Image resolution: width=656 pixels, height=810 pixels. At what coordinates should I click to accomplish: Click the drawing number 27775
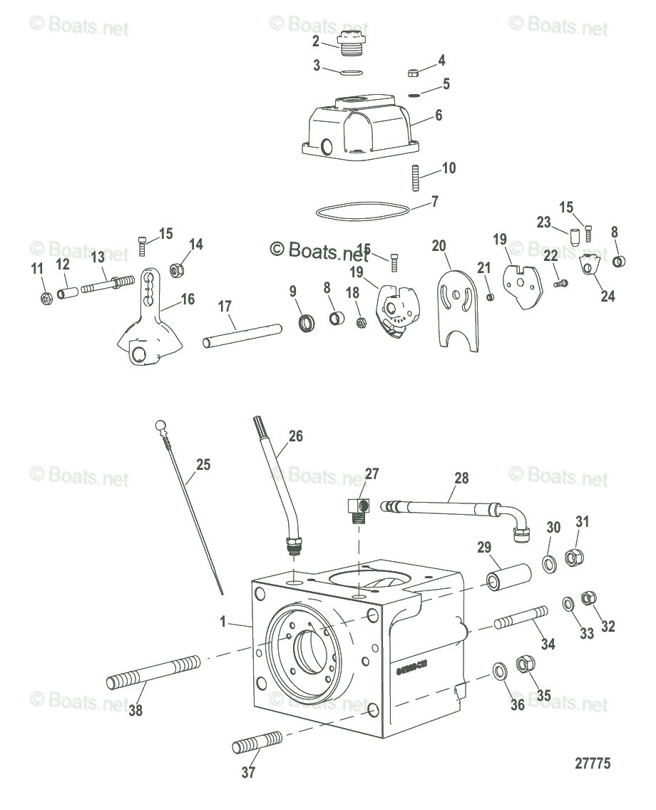click(x=593, y=763)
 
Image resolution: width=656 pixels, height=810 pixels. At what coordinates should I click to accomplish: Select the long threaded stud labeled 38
click(x=153, y=672)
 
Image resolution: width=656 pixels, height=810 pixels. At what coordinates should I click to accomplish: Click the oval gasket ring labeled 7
click(x=363, y=212)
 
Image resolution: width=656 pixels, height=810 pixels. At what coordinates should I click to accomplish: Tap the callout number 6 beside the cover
click(x=439, y=114)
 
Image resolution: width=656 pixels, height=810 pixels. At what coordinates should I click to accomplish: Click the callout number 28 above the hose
click(x=461, y=478)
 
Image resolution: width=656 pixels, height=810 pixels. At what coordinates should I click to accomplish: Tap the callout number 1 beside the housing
click(x=223, y=622)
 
